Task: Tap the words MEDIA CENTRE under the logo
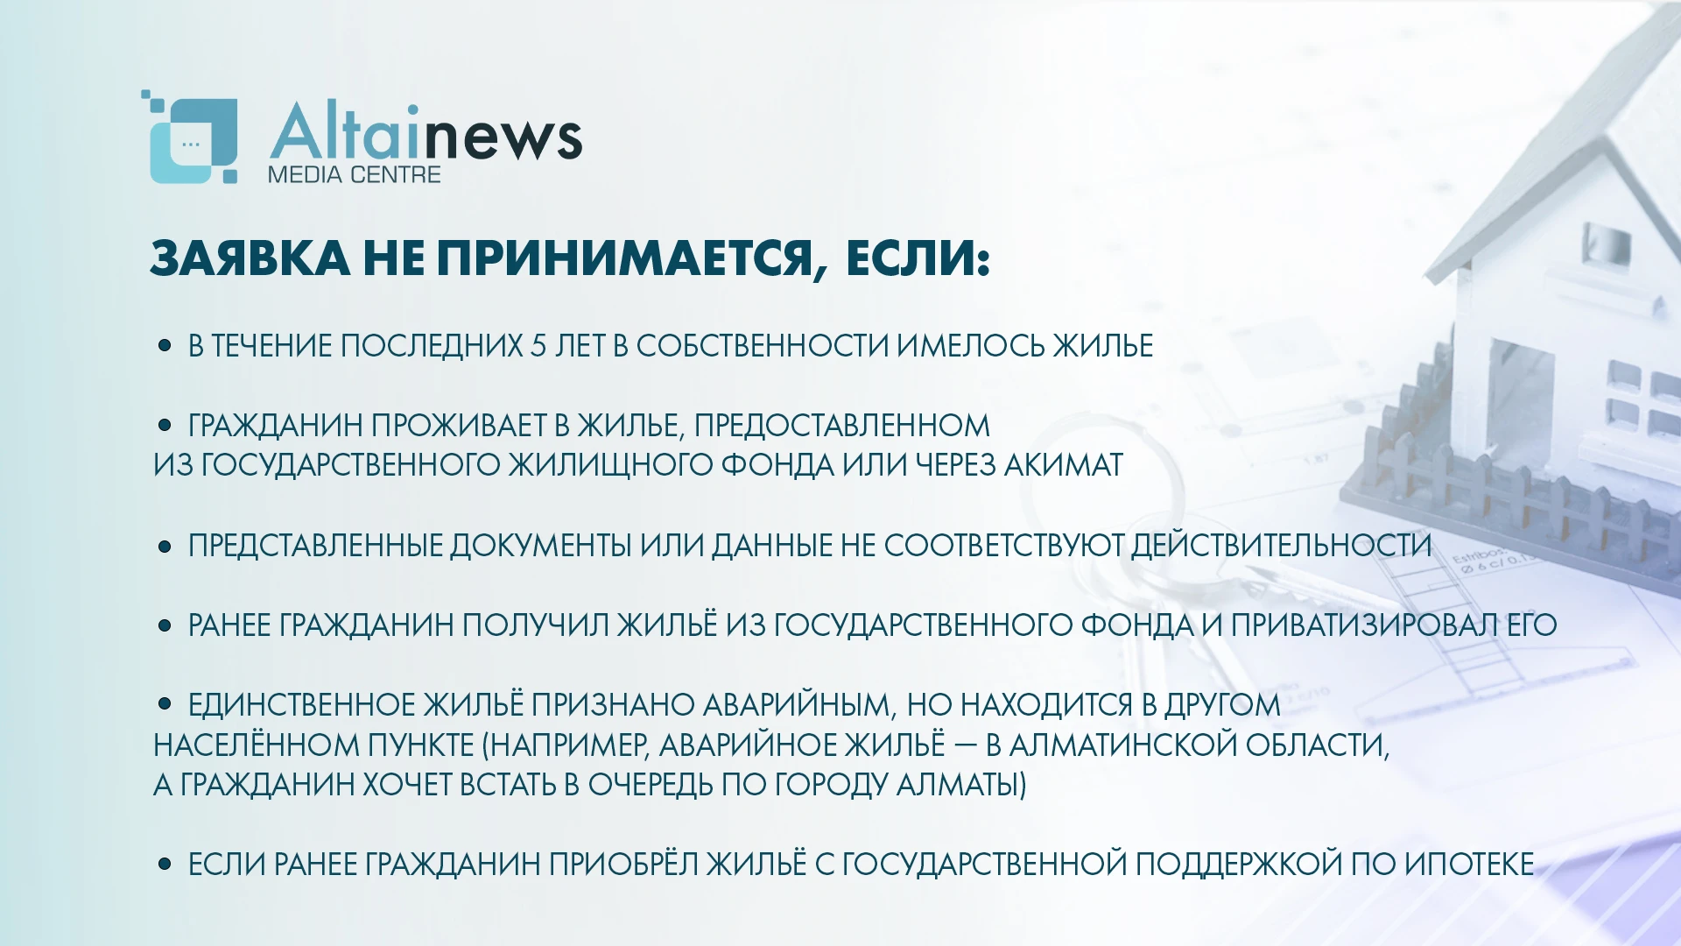[354, 174]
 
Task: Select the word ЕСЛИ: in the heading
[918, 258]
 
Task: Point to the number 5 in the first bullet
[538, 346]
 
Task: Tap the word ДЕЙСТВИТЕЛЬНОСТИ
[1281, 545]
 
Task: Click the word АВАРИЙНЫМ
[797, 704]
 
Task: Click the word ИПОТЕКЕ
[1469, 864]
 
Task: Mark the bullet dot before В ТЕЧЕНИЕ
[165, 345]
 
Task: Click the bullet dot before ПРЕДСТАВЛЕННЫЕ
[165, 547]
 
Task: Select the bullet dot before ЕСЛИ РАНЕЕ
[165, 864]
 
